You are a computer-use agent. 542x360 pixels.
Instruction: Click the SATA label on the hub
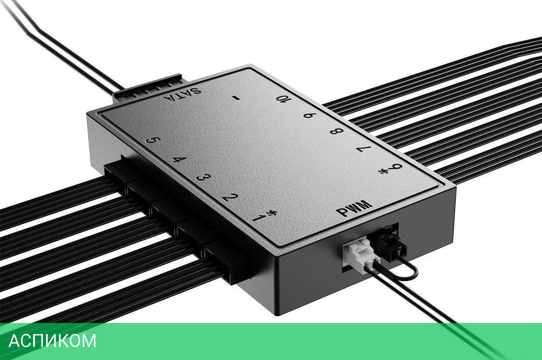click(x=184, y=97)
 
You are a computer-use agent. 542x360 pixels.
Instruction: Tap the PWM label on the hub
click(x=355, y=208)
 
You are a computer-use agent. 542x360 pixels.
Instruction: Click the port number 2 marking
click(x=229, y=197)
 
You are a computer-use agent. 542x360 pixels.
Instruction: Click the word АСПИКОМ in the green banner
click(x=53, y=341)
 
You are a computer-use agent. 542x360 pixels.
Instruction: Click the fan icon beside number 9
click(x=386, y=173)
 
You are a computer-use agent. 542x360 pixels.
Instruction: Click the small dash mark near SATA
click(x=235, y=98)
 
